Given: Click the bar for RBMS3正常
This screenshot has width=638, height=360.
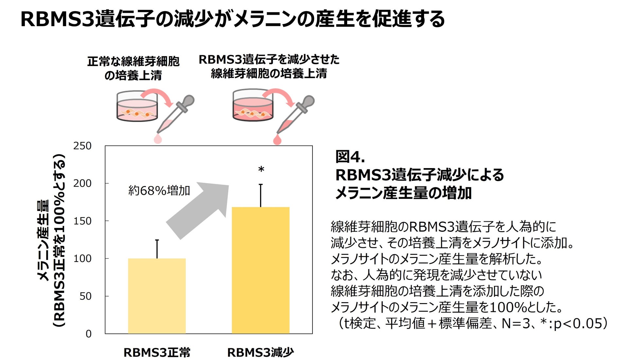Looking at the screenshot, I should [157, 296].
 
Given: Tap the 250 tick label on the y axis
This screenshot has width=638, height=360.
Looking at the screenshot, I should [82, 146].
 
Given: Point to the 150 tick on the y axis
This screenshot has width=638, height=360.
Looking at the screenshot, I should [82, 221].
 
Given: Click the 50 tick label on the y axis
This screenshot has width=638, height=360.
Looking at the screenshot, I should [85, 296].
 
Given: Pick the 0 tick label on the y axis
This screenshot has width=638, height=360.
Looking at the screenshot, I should [88, 334].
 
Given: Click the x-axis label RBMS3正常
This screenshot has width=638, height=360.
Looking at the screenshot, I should [157, 352].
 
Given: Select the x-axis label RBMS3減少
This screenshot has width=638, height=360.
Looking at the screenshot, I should [260, 352].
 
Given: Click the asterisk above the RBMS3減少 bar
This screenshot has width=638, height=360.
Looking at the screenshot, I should [261, 170].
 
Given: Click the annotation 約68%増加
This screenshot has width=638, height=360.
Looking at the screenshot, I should [159, 190].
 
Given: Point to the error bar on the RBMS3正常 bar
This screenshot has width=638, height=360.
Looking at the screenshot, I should [157, 249].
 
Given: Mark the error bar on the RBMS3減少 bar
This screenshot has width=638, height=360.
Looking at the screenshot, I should [261, 196].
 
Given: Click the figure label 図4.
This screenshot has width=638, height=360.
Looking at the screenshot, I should [350, 157].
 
